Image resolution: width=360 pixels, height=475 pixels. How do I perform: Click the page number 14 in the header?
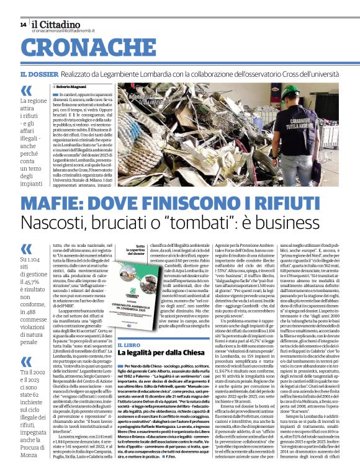(x=23, y=25)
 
